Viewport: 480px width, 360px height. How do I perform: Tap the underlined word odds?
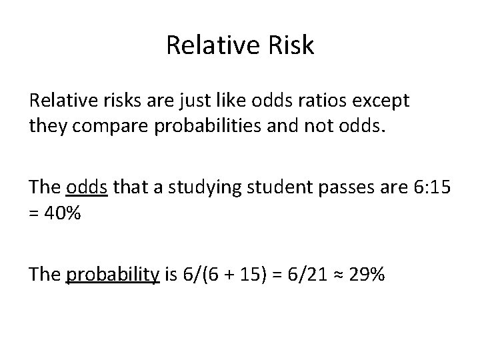[87, 189]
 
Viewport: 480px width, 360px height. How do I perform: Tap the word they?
[48, 125]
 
